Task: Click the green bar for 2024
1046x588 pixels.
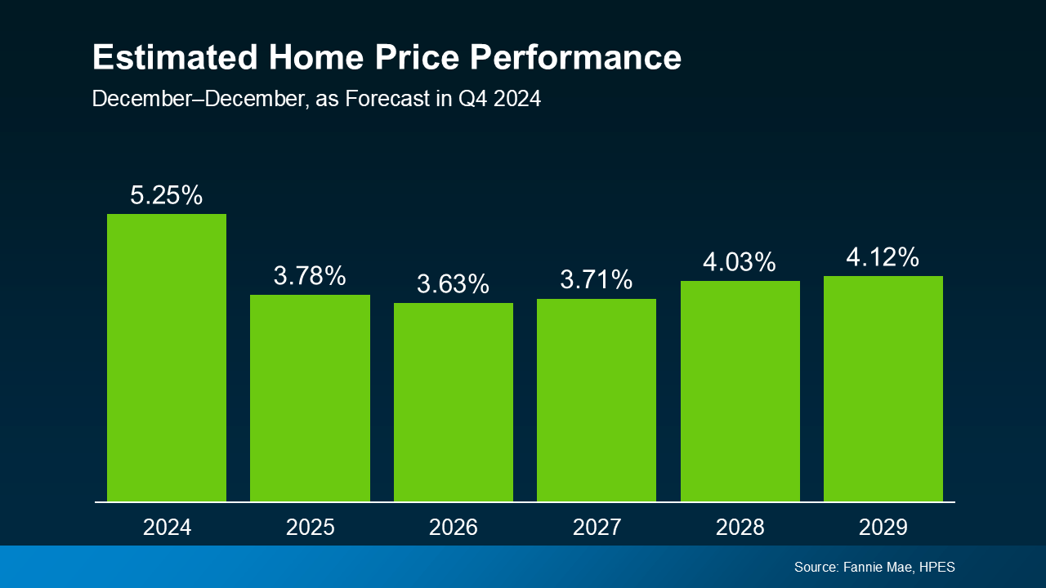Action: click(167, 358)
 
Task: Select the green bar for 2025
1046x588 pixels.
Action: click(310, 398)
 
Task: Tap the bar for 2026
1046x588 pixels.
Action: click(454, 402)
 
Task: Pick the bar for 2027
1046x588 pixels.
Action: click(597, 400)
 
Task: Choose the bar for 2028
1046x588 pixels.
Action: click(740, 391)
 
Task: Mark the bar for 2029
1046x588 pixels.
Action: click(883, 389)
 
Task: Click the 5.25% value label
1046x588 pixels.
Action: click(167, 195)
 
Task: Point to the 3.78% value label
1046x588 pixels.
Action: click(310, 276)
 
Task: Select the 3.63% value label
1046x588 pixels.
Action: click(454, 284)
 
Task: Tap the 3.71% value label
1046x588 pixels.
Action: click(597, 280)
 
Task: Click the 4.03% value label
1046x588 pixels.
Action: click(740, 262)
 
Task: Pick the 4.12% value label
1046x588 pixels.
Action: click(883, 257)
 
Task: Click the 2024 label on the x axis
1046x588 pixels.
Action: click(167, 528)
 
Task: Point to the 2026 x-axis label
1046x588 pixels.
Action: click(454, 528)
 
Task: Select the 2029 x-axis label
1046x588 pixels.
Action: click(883, 528)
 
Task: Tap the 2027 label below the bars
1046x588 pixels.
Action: click(597, 528)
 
